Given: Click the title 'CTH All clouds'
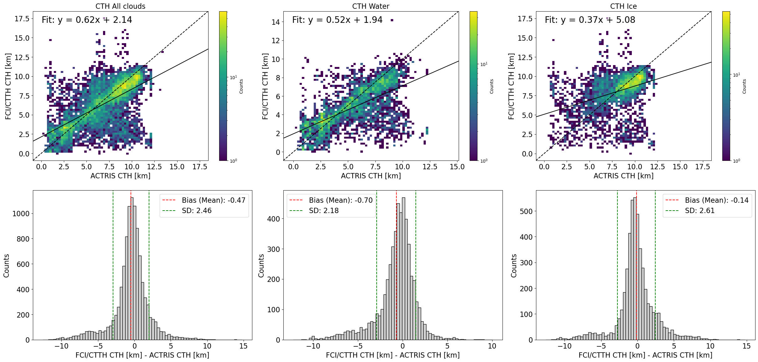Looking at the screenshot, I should coord(120,6).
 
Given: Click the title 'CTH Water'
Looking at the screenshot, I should coord(371,6).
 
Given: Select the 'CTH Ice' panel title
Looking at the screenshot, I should coord(623,6).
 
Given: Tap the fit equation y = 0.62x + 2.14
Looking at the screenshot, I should coord(87,20).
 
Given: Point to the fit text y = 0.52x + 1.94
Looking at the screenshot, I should coord(337,20).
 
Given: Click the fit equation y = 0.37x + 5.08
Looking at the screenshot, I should coord(590,20).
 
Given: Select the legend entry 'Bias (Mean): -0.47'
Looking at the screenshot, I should coord(213,200).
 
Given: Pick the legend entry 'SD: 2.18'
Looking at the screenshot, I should coord(324,211).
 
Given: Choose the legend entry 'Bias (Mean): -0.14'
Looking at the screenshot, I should coord(716,200).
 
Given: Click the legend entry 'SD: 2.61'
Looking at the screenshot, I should coord(699,211).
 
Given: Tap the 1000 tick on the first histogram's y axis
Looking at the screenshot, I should coord(21,214).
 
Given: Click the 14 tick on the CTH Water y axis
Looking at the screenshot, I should coord(276,22).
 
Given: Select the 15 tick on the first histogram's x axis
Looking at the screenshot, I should coord(243,346).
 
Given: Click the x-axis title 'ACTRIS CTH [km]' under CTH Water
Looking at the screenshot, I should coord(371,176).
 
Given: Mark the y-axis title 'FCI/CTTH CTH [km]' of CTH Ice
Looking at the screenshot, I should coord(511,86).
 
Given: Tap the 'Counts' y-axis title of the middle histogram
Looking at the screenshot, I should coord(261,266).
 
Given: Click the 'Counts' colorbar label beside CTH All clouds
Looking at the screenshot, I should coord(241,86).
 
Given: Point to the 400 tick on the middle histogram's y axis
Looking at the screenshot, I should coord(273,219).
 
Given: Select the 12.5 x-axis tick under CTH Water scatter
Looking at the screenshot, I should coord(430,167).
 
